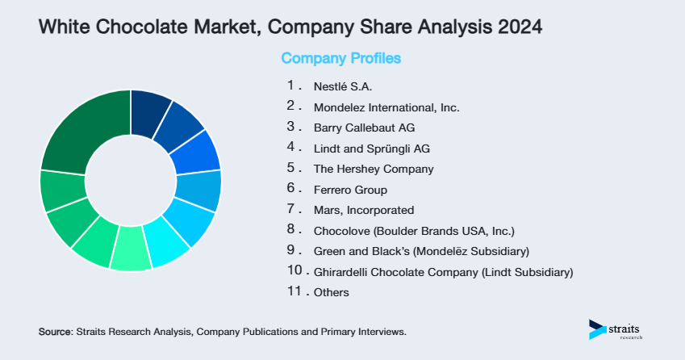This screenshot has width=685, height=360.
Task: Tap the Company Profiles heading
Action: coord(340,58)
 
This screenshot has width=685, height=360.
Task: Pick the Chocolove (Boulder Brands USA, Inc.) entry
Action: coord(413,231)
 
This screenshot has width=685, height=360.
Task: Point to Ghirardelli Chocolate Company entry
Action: coord(443,273)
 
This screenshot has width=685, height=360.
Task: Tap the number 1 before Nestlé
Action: coord(290,85)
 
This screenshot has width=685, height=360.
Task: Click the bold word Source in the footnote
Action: coord(55,332)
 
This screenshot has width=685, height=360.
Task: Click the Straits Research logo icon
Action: coord(597,329)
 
